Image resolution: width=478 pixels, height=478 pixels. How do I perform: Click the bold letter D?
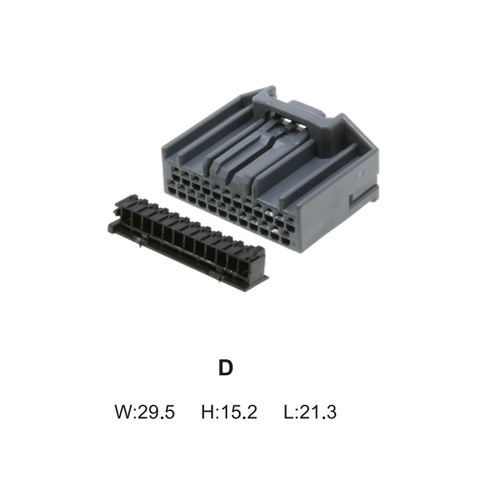click(225, 367)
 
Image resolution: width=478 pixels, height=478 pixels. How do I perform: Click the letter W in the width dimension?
click(123, 412)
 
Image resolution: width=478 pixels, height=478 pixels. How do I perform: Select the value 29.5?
click(156, 412)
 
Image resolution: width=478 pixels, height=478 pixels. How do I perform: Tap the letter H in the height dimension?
click(207, 412)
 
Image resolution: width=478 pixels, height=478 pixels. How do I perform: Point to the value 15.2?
click(239, 412)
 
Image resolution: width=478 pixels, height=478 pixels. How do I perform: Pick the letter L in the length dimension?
click(288, 412)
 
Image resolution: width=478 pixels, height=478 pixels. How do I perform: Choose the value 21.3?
click(318, 412)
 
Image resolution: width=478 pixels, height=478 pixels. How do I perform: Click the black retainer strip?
click(188, 242)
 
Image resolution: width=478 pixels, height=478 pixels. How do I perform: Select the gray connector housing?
click(270, 169)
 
